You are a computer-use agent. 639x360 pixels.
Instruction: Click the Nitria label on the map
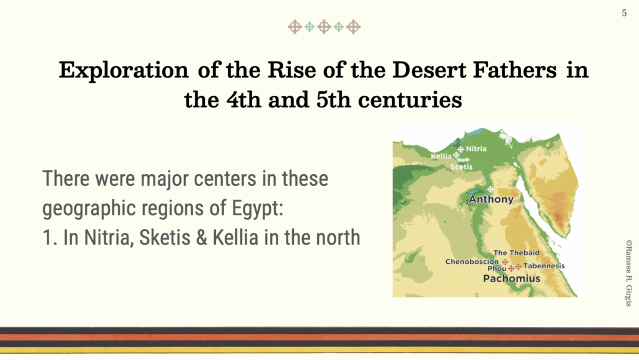point(476,148)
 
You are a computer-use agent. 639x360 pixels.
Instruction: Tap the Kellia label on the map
point(441,156)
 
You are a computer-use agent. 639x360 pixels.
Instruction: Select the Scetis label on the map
point(461,167)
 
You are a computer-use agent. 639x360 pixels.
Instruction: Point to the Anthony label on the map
point(490,199)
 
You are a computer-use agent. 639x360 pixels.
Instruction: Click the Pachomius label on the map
point(512,278)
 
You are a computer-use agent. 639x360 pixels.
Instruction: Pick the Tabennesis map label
point(544,266)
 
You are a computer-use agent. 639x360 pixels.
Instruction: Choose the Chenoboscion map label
point(472,261)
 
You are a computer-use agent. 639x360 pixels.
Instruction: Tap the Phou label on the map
point(497,269)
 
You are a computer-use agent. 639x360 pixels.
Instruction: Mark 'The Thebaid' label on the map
point(516,253)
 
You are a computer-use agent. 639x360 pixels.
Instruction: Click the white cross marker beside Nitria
point(461,149)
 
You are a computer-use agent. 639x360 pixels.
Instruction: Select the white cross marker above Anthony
point(490,190)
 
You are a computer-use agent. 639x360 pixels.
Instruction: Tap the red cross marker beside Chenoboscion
point(505,262)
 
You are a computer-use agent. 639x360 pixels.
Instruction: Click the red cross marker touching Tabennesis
point(518,266)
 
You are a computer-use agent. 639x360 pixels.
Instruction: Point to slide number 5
point(624,13)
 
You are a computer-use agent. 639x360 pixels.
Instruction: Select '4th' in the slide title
point(244,100)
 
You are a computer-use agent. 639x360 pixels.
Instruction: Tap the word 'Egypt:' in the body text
point(258,208)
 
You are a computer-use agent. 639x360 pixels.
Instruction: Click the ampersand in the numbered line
point(202,238)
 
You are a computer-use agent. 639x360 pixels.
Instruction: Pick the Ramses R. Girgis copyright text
point(629,273)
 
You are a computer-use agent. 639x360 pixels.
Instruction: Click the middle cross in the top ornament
point(324,27)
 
